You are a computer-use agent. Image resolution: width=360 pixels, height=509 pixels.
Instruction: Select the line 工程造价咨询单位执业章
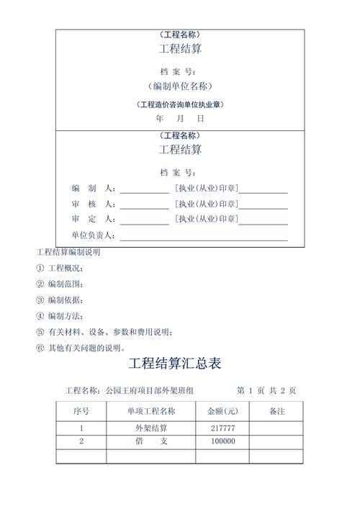pyautogui.click(x=180, y=104)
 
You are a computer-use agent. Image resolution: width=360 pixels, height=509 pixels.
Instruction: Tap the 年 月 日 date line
pyautogui.click(x=180, y=119)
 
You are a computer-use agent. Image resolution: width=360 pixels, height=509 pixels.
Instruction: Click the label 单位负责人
pyautogui.click(x=93, y=235)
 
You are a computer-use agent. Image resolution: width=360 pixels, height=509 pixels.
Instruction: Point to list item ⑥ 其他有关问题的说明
pyautogui.click(x=81, y=348)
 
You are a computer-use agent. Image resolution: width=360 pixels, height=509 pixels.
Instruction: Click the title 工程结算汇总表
pyautogui.click(x=179, y=364)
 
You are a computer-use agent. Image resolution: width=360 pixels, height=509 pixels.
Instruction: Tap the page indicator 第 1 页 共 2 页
pyautogui.click(x=266, y=391)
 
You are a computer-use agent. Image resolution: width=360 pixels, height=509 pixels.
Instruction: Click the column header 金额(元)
pyautogui.click(x=222, y=412)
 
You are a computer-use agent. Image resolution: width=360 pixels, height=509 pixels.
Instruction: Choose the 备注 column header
pyautogui.click(x=276, y=412)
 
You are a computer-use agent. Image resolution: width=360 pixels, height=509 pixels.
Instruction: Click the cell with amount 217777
pyautogui.click(x=222, y=428)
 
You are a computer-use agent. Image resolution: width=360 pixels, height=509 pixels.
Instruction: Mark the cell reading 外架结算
pyautogui.click(x=152, y=428)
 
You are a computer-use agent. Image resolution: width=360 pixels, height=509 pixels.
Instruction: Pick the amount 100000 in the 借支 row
pyautogui.click(x=222, y=441)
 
